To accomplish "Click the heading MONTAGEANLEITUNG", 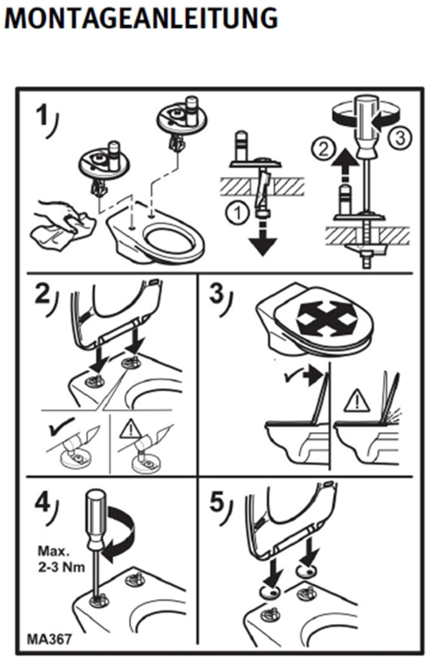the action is (141, 19).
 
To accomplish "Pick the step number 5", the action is (217, 502).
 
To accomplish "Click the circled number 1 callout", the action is (238, 213).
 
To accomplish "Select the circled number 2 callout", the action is (324, 149).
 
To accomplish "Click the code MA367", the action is (49, 639).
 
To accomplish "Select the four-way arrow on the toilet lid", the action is (327, 318).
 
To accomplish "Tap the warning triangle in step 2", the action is (130, 429).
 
